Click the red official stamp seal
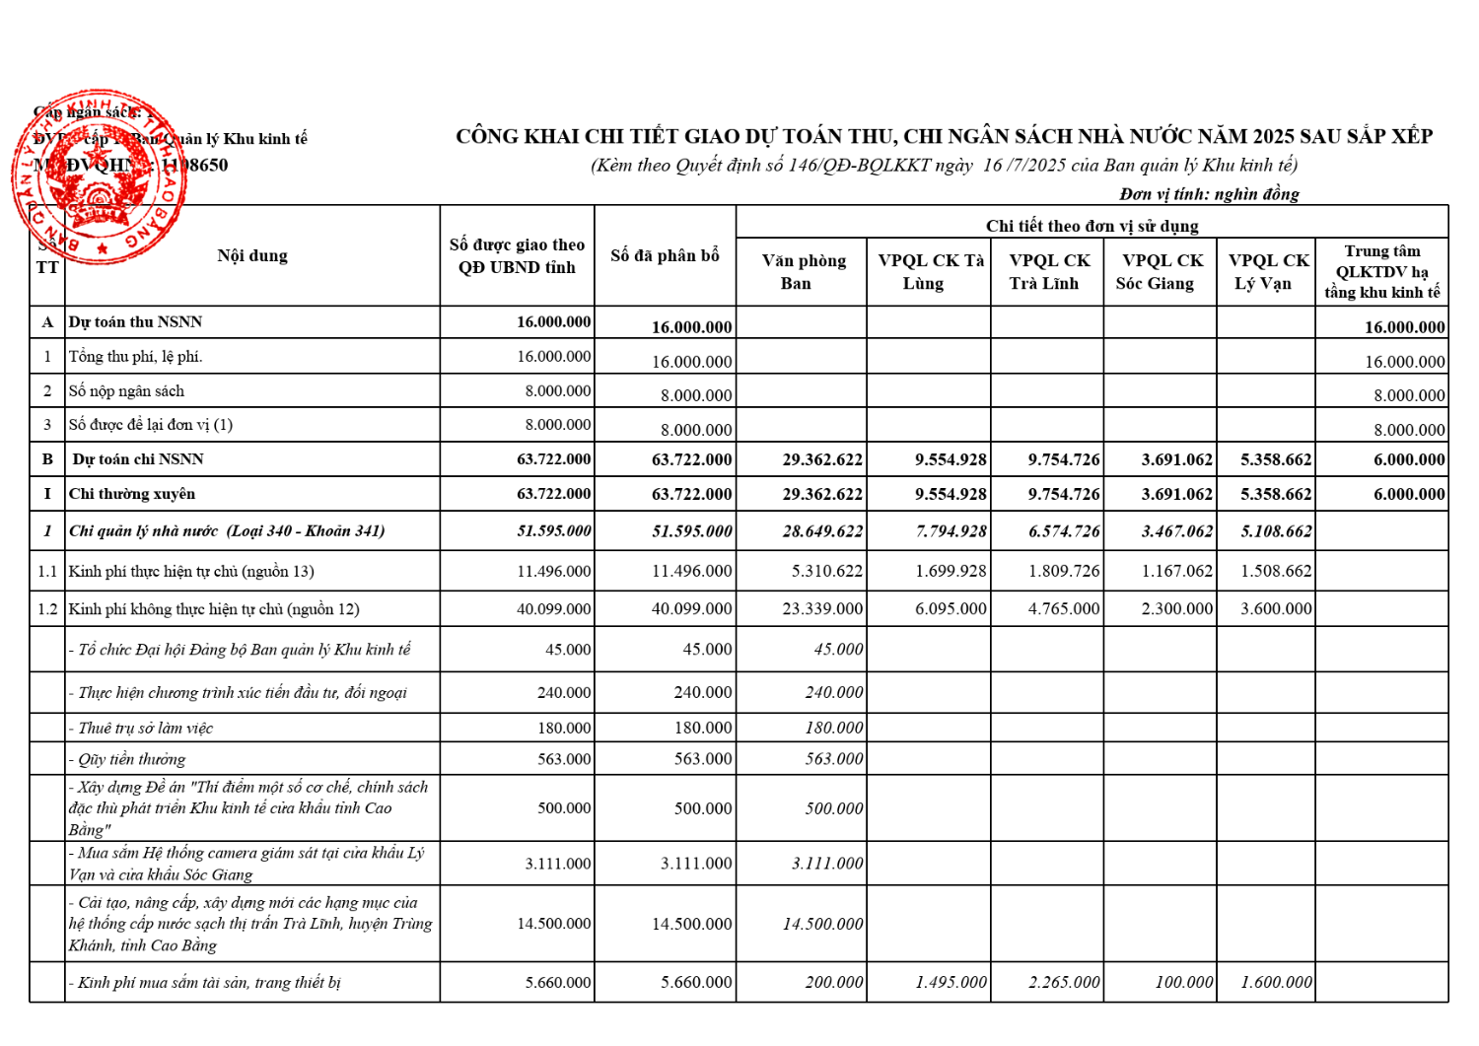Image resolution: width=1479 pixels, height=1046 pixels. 99,177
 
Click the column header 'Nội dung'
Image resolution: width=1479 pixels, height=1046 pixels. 252,256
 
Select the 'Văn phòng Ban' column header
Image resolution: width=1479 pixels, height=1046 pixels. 803,272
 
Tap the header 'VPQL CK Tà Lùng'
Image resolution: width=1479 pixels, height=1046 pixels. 930,272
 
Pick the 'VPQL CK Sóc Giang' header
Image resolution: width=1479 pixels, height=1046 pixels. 1161,272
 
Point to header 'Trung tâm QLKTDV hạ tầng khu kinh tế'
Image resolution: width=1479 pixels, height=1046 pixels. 1381,271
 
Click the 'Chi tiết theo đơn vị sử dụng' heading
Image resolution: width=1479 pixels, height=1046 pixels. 1092,226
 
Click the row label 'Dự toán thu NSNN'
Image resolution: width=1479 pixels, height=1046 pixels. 135,322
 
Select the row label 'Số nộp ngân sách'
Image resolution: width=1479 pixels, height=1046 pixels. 126,391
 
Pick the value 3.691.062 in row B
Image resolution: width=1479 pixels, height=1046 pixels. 1176,460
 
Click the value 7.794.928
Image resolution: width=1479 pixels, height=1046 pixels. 951,531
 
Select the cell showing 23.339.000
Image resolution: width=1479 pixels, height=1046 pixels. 822,609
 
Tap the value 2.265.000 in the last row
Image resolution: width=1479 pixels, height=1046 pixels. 1063,983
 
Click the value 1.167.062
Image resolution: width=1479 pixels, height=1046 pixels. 1176,572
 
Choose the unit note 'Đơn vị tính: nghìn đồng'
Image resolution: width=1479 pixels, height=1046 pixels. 1209,194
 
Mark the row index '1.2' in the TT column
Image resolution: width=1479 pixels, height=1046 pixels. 47,609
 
